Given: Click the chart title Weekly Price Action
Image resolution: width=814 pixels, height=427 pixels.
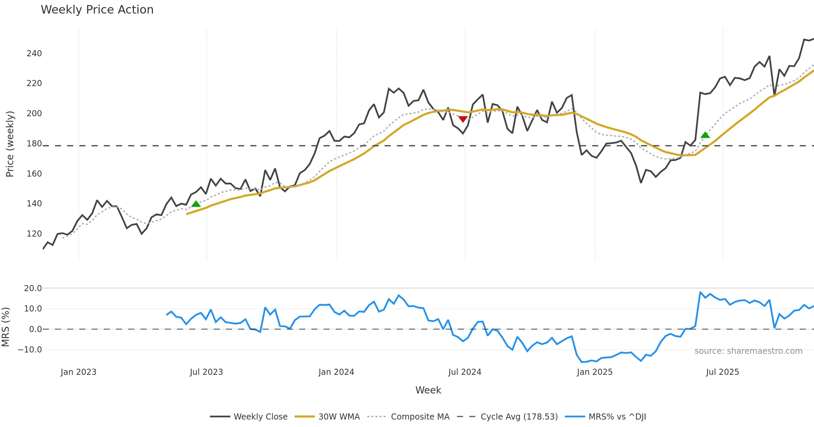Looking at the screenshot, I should click(97, 10).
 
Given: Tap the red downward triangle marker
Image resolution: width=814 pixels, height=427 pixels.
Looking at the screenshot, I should click(463, 119).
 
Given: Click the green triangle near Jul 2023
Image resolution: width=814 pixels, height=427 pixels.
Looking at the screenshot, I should click(196, 204).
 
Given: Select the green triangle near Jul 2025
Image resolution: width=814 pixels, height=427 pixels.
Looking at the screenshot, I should click(705, 135).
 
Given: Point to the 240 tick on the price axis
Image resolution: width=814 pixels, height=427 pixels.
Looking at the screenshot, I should click(34, 54).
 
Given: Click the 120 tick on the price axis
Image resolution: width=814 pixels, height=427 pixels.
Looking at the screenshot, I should click(34, 234).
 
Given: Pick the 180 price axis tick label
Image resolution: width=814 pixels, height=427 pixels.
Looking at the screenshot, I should click(34, 144).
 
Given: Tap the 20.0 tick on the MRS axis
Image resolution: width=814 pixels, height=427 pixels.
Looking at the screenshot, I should click(33, 288).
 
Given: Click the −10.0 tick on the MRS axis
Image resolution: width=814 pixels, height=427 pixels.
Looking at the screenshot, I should click(30, 350).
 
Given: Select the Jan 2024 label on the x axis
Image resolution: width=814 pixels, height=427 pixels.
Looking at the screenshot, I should click(336, 372).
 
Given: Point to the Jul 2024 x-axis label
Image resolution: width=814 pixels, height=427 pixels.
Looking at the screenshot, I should click(465, 372).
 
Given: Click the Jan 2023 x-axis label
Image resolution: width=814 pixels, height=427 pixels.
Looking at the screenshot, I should click(78, 372).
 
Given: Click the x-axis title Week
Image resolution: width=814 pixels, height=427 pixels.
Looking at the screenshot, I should click(428, 390).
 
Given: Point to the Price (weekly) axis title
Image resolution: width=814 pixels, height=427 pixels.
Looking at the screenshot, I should click(10, 144).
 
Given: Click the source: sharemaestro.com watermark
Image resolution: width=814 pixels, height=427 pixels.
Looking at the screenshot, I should click(748, 351).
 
